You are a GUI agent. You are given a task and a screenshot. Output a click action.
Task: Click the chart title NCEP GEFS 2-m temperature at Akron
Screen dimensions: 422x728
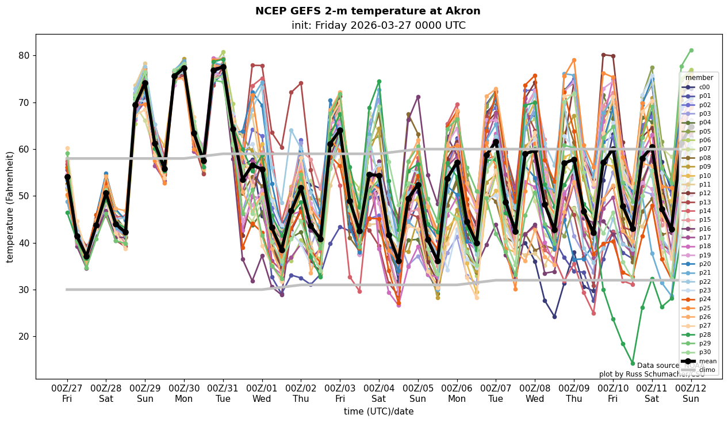click(367, 12)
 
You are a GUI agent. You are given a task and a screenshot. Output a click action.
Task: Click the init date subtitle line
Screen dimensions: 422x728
click(378, 25)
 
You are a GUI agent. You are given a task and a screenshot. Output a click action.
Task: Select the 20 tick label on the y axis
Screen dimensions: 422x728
click(24, 337)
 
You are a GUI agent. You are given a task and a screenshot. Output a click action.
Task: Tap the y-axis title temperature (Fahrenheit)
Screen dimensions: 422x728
click(10, 207)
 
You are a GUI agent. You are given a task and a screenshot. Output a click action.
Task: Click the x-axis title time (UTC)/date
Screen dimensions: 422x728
click(378, 412)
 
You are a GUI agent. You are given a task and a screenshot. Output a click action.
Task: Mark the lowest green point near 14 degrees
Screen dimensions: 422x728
click(633, 363)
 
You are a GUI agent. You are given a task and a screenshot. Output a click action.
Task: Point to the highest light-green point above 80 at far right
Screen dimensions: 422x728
click(691, 51)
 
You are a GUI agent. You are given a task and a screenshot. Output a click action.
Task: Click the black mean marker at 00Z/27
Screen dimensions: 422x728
click(67, 177)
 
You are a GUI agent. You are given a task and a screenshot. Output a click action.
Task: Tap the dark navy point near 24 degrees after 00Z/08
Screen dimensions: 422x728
click(554, 317)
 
